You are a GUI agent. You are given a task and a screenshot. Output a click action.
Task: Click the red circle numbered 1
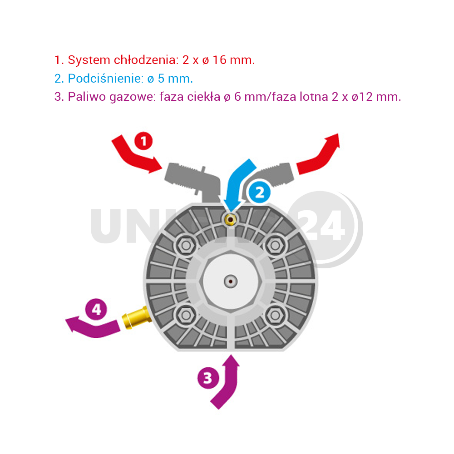(x=143, y=141)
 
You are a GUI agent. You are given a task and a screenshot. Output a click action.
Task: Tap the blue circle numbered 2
(x=259, y=192)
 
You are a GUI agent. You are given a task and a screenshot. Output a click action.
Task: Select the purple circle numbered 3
(x=208, y=378)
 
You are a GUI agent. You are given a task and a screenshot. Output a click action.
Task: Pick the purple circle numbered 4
(x=96, y=309)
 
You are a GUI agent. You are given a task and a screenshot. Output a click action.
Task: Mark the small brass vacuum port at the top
(x=231, y=220)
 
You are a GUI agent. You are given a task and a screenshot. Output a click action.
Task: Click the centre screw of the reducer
(x=231, y=281)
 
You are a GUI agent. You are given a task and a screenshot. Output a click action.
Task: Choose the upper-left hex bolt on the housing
(x=186, y=246)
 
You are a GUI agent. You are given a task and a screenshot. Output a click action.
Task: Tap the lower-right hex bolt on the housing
(x=275, y=316)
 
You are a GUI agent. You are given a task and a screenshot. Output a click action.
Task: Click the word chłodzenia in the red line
(x=145, y=60)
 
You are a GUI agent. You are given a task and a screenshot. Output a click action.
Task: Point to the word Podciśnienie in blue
(x=106, y=79)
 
